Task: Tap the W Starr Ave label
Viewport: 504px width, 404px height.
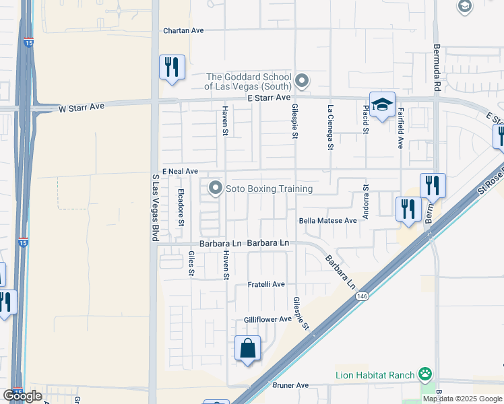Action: [x=82, y=107]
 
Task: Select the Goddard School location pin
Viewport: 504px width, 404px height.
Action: [x=303, y=81]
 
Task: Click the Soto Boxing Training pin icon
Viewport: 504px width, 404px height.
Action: [x=216, y=189]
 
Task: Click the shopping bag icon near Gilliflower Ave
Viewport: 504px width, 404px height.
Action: [x=248, y=349]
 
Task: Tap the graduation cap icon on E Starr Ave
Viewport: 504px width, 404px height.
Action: [x=382, y=105]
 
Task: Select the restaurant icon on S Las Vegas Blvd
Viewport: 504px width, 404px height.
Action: [x=172, y=67]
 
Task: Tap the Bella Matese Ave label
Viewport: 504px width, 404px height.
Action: [x=327, y=220]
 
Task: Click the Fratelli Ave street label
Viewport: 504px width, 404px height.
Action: [x=266, y=284]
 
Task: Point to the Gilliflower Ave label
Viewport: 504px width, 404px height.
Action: [x=267, y=319]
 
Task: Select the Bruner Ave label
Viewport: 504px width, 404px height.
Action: [x=290, y=385]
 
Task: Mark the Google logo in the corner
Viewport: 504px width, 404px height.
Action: [x=23, y=396]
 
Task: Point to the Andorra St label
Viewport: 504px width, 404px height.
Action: [x=366, y=203]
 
